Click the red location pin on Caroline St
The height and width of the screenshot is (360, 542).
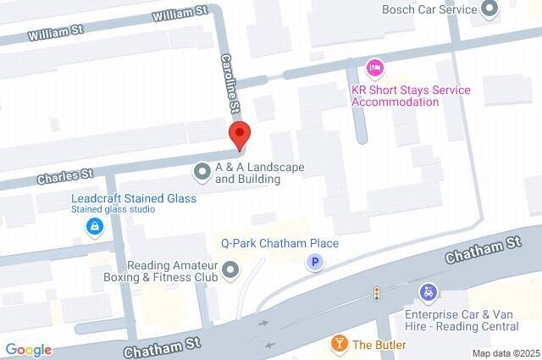click(x=240, y=136)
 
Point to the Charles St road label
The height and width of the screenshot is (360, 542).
click(x=64, y=176)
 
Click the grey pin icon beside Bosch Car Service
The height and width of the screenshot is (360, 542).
click(x=489, y=10)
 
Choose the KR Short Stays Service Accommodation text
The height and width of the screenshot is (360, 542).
click(x=395, y=95)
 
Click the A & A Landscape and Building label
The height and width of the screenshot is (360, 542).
click(x=259, y=173)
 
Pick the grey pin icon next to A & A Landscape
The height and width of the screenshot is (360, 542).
click(x=202, y=172)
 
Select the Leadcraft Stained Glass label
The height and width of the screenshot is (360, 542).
click(x=134, y=199)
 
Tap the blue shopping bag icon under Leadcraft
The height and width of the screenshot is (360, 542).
click(x=94, y=226)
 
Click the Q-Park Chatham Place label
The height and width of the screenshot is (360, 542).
click(x=279, y=244)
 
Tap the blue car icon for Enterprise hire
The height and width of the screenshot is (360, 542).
click(x=429, y=293)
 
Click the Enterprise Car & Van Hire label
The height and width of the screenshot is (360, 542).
click(x=458, y=320)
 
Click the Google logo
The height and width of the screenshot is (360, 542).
click(x=28, y=350)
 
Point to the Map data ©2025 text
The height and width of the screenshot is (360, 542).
click(x=506, y=353)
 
